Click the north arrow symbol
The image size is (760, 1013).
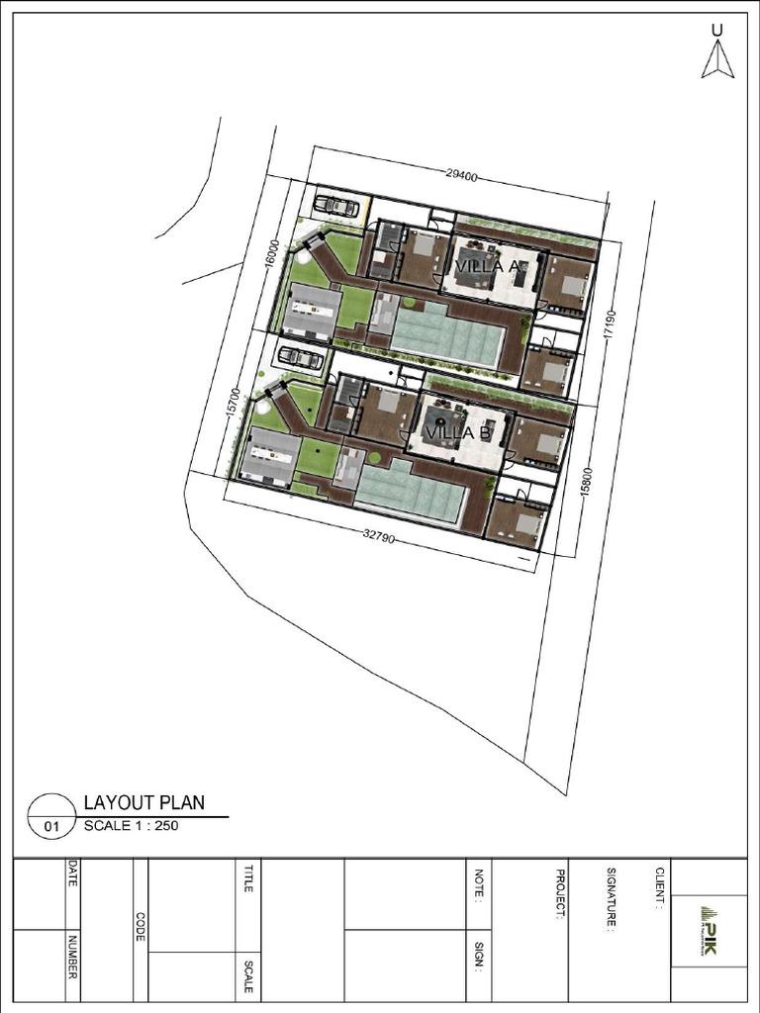click(716, 58)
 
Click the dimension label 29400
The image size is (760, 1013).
click(462, 177)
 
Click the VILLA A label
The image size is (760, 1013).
click(488, 266)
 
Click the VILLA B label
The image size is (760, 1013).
click(458, 432)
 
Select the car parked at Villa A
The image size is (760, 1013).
click(336, 206)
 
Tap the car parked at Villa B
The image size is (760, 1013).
click(300, 357)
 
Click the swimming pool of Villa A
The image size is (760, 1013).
click(447, 333)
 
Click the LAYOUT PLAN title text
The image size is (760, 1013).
click(144, 802)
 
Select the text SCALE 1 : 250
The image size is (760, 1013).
click(131, 826)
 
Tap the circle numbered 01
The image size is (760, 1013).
click(52, 817)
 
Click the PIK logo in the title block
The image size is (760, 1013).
click(709, 930)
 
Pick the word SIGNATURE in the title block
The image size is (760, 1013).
click(612, 900)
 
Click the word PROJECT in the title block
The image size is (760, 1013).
click(560, 894)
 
